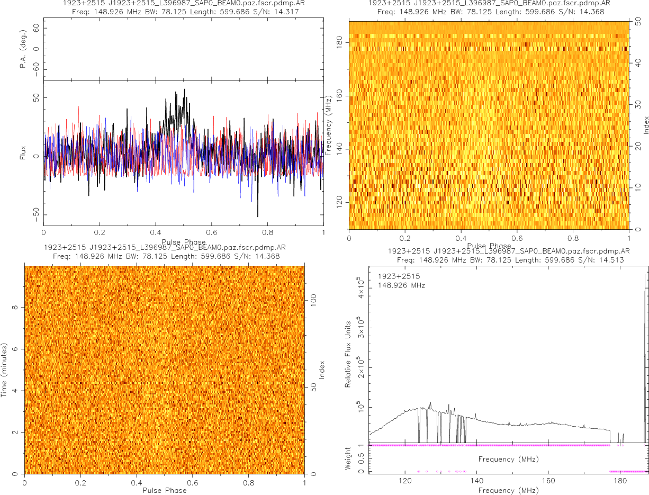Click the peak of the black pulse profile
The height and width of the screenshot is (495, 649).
[184, 89]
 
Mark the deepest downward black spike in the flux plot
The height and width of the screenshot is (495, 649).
[258, 216]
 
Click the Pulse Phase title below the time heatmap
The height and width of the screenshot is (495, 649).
[165, 490]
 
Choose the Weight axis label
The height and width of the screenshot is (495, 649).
[348, 458]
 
